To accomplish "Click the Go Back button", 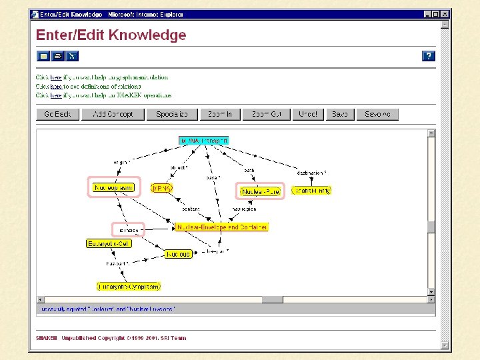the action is tap(57, 114).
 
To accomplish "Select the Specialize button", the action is tap(172, 114).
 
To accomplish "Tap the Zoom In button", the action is tap(220, 114).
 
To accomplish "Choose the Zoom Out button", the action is tap(267, 114).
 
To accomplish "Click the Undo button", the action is tap(307, 114).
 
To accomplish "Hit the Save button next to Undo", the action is tap(340, 114).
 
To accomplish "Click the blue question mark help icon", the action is tap(429, 56).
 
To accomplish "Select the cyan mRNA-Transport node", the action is tap(204, 141).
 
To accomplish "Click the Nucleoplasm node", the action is tap(113, 188).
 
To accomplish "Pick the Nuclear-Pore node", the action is tap(261, 191).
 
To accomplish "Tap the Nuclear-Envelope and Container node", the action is tap(221, 227).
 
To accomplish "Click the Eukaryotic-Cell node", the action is tap(109, 244).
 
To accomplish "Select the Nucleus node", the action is tap(178, 254).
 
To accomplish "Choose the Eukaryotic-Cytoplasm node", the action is tap(129, 287).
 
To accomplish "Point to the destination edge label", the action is tap(311, 173).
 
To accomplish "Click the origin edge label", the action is tap(121, 162).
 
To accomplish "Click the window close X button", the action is tap(445, 14).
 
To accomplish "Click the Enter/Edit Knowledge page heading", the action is tap(111, 35).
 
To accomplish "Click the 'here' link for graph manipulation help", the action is tap(56, 77).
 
